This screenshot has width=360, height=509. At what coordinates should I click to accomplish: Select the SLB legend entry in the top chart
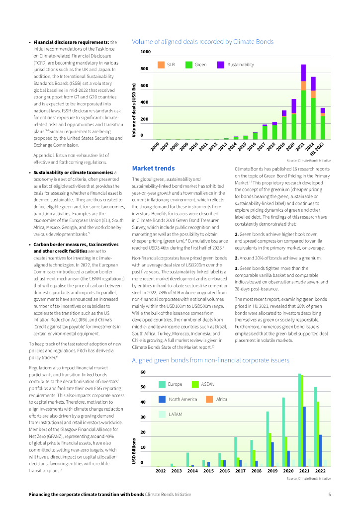pos(167,65)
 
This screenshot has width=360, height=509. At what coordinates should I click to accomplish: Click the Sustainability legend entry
pos(233,65)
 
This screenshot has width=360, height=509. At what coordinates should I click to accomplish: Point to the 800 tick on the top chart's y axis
pos(145,69)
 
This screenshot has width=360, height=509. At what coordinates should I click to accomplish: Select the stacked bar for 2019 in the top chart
pos(284,125)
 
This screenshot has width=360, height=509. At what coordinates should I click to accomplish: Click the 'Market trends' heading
pos(153,169)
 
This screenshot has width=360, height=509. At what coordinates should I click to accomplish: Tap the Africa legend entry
pos(217,399)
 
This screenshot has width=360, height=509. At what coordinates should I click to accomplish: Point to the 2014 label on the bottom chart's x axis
pos(192,470)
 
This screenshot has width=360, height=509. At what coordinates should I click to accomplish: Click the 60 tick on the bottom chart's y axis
pos(143,372)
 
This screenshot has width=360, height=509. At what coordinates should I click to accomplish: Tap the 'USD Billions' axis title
pos(134,451)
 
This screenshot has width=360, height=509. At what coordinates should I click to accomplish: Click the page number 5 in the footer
pos(329,495)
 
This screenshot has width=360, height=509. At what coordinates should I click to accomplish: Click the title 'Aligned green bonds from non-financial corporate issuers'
pos(210,360)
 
